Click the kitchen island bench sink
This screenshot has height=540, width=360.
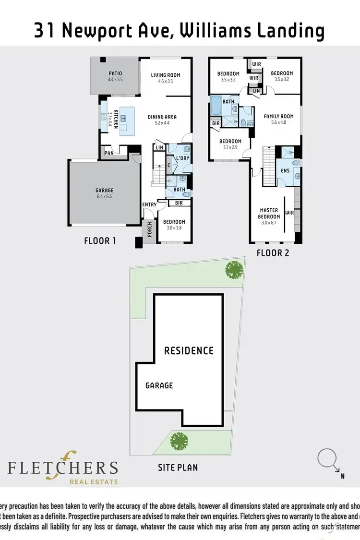(124, 118)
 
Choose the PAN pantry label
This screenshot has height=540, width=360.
(109, 154)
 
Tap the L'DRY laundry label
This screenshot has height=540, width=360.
(182, 158)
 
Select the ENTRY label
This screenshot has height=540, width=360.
(149, 204)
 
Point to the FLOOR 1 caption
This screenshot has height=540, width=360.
(100, 241)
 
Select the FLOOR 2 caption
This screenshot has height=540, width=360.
(273, 252)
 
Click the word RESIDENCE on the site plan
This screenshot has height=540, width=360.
(189, 350)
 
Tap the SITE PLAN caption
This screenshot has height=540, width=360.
(178, 467)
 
